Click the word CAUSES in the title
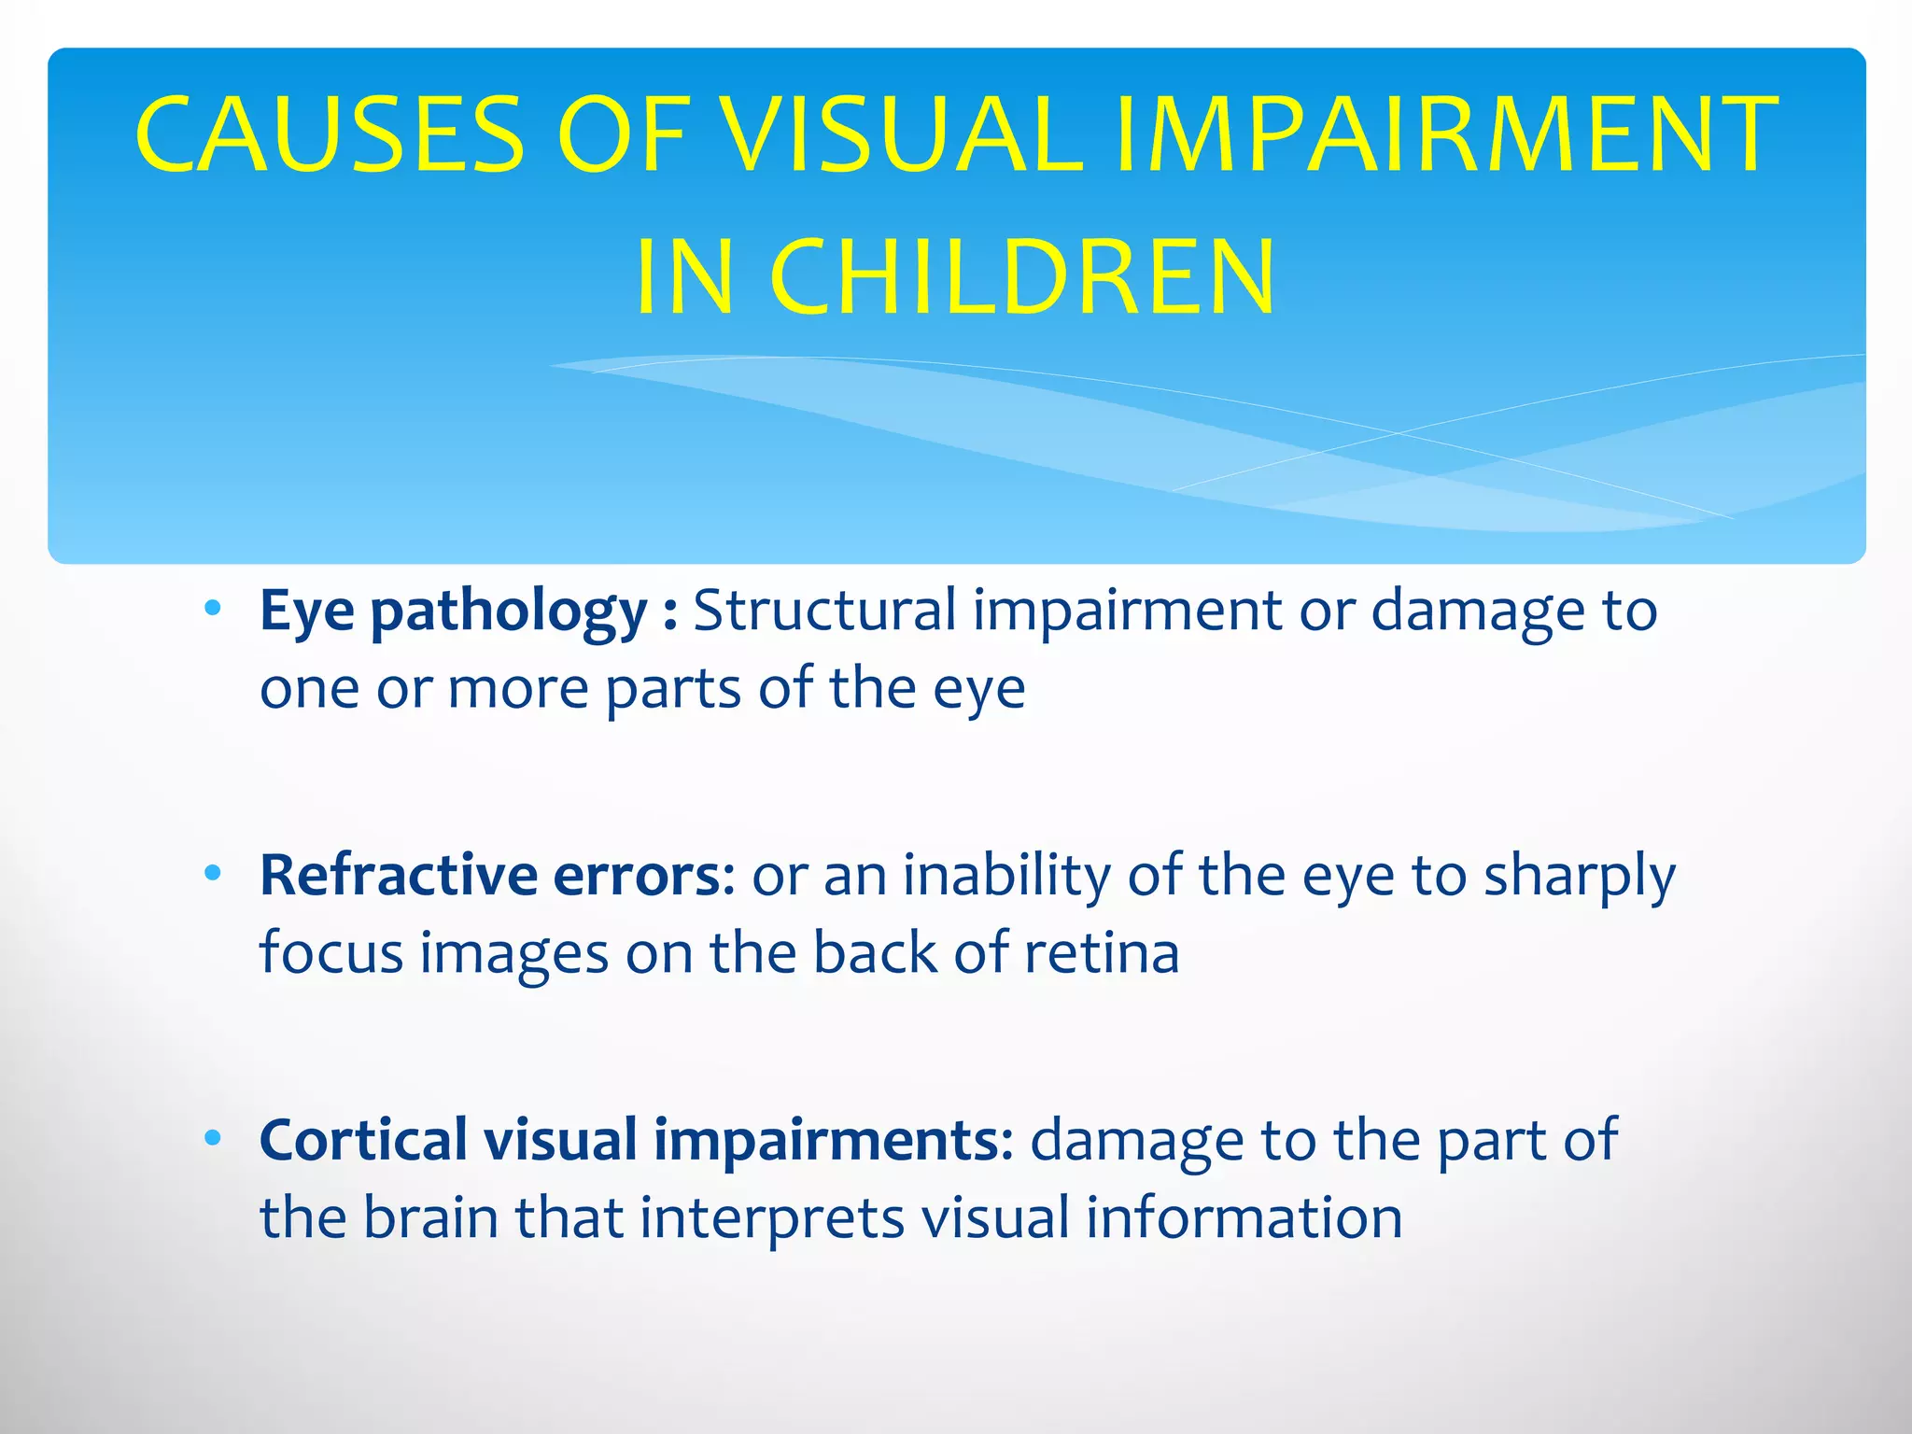click(x=329, y=135)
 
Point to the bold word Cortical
click(x=363, y=1140)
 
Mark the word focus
click(x=330, y=954)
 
